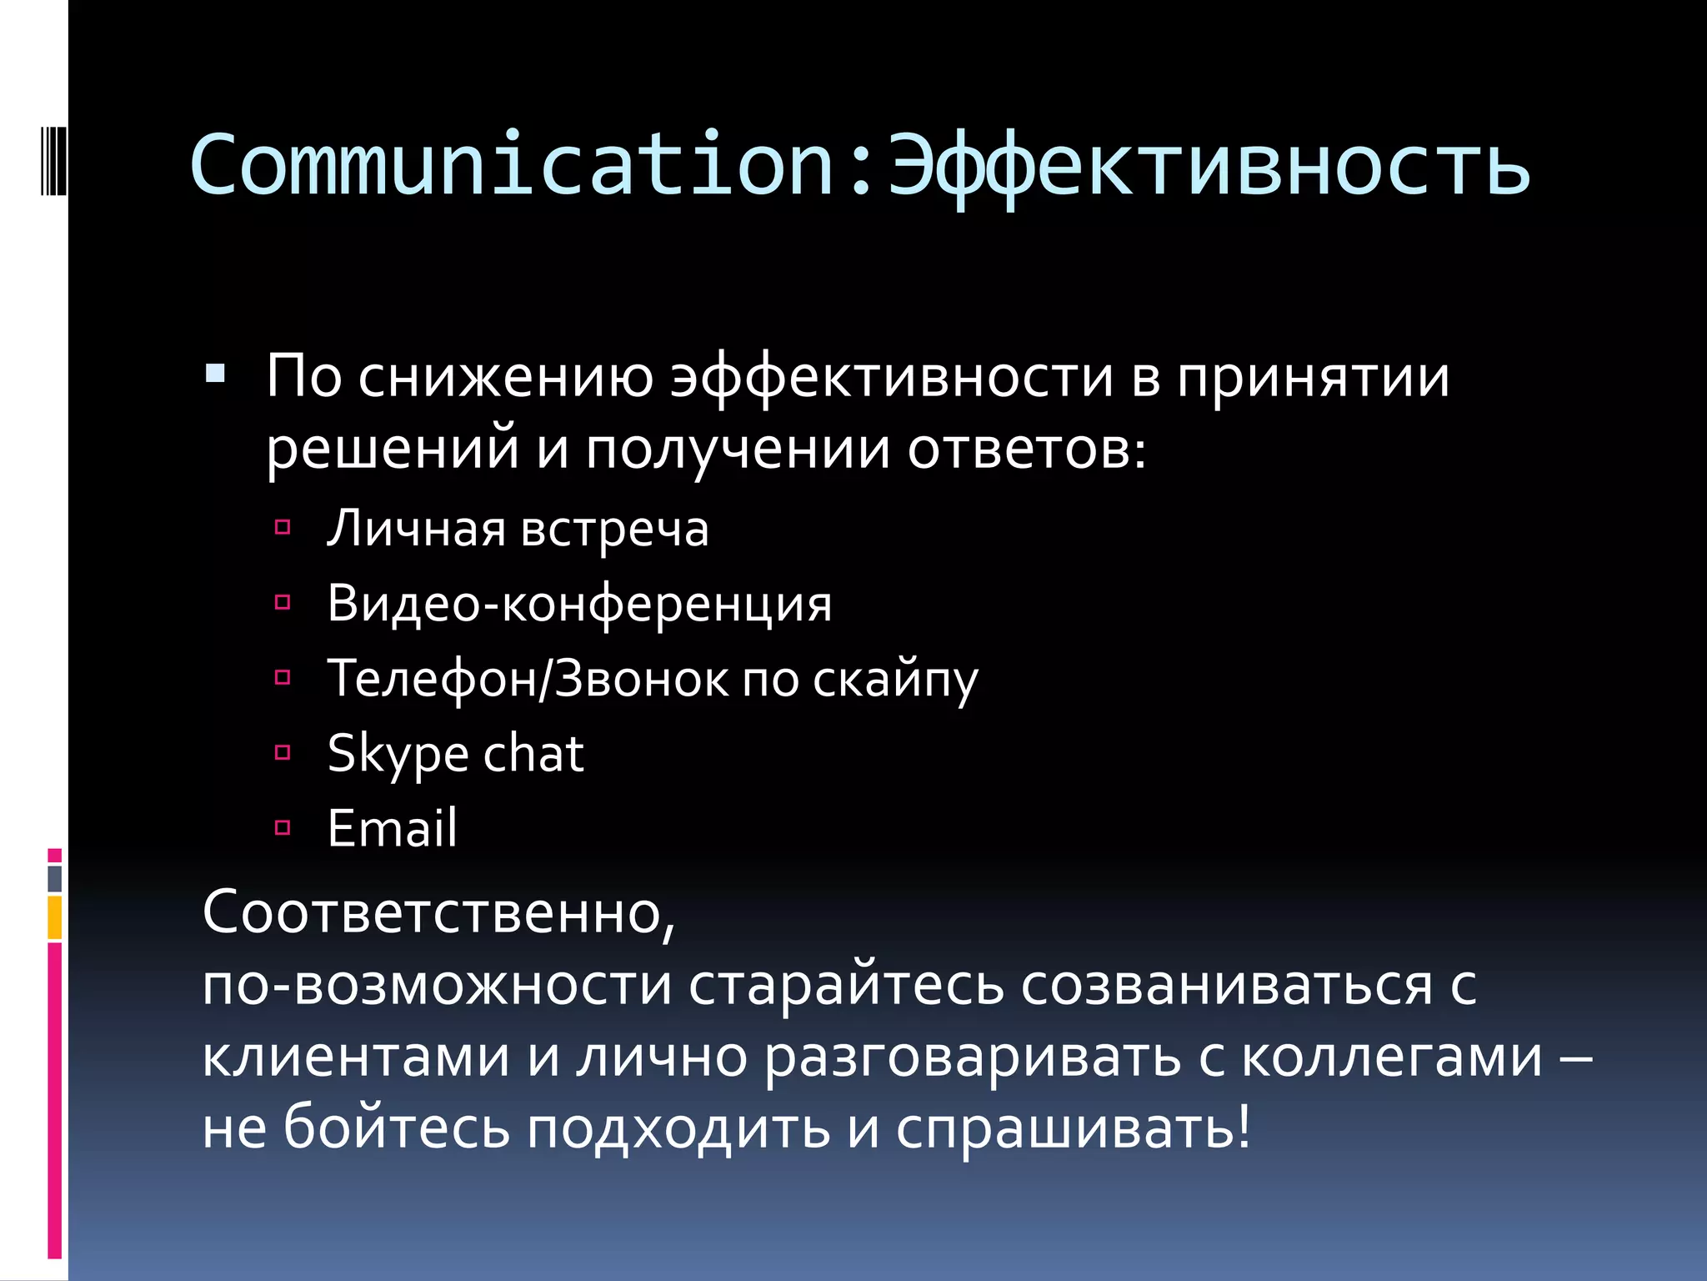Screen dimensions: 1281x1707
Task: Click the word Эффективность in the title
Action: click(x=1208, y=167)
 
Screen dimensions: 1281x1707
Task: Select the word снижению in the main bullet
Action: click(x=506, y=377)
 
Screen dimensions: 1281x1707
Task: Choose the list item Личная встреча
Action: click(x=518, y=529)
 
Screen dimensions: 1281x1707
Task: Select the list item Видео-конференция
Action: click(x=579, y=604)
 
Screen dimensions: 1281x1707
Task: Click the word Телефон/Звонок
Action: click(x=527, y=678)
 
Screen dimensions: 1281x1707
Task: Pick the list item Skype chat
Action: click(x=455, y=754)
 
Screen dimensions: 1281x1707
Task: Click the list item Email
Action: click(x=392, y=828)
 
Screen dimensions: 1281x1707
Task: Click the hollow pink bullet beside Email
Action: click(x=283, y=827)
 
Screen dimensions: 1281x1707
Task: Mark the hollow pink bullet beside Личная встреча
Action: click(x=283, y=527)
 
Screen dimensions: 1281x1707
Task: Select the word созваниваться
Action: click(x=1226, y=986)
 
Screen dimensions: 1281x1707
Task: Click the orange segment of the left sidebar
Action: click(x=55, y=917)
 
